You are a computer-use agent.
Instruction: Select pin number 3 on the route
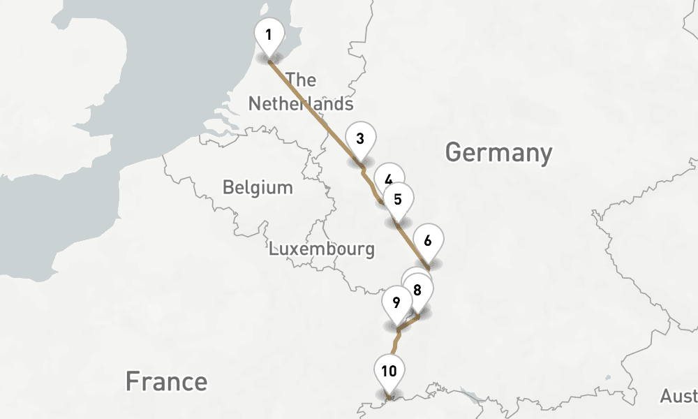click(359, 138)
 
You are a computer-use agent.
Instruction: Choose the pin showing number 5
click(398, 199)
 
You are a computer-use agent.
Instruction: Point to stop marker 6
click(428, 241)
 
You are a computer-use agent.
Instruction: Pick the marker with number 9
click(396, 302)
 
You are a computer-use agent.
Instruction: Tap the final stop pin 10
click(389, 371)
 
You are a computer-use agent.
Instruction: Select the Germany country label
click(498, 152)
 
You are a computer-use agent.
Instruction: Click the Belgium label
click(258, 187)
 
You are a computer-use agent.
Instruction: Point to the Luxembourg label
click(322, 249)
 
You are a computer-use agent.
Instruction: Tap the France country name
click(166, 381)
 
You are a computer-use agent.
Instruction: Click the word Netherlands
click(301, 104)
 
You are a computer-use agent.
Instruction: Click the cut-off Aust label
click(678, 396)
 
